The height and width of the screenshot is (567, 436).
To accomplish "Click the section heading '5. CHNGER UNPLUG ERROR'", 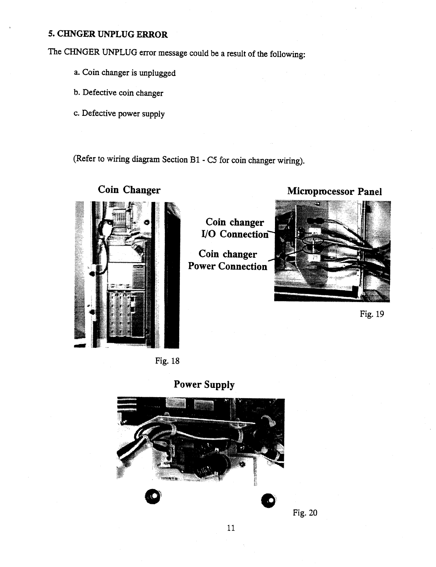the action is (x=108, y=34).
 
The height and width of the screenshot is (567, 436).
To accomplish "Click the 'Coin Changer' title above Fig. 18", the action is (x=129, y=190).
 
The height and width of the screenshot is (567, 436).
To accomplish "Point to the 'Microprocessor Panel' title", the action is (x=334, y=192).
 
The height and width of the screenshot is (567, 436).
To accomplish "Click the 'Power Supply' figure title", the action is (x=204, y=385).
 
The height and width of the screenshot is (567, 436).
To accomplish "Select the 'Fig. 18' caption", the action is (x=167, y=361).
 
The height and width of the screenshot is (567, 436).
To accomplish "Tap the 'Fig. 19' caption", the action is (x=372, y=314).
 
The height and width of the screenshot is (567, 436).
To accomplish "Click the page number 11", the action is (x=231, y=528).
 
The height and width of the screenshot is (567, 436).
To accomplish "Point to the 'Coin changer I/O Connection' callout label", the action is (x=234, y=228).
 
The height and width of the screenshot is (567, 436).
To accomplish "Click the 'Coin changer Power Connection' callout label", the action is (x=228, y=260).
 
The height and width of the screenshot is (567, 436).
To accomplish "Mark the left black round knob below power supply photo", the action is (x=153, y=496).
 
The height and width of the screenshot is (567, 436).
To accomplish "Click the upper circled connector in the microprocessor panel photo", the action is (x=314, y=240).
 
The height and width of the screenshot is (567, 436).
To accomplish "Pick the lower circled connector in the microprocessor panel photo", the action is (x=311, y=250).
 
